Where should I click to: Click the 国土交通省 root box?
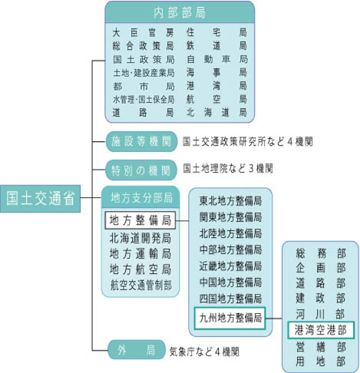40,199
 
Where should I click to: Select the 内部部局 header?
180,12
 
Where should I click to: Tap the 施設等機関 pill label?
141,141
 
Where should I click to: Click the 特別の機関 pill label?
141,170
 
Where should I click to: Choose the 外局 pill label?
137,350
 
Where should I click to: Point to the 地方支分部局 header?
140,197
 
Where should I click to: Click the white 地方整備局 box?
140,220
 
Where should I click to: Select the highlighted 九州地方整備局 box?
230,318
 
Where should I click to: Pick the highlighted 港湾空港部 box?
321,330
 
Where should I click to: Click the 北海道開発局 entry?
140,238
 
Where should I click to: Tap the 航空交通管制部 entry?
140,285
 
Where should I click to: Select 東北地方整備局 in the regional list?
230,201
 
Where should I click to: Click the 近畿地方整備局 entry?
230,266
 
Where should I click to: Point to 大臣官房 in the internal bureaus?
144,33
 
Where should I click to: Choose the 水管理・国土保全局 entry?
144,99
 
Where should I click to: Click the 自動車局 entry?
217,59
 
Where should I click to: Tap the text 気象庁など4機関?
204,352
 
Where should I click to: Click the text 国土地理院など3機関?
228,168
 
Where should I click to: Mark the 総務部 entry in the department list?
321,253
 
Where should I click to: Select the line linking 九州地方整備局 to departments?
274,319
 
